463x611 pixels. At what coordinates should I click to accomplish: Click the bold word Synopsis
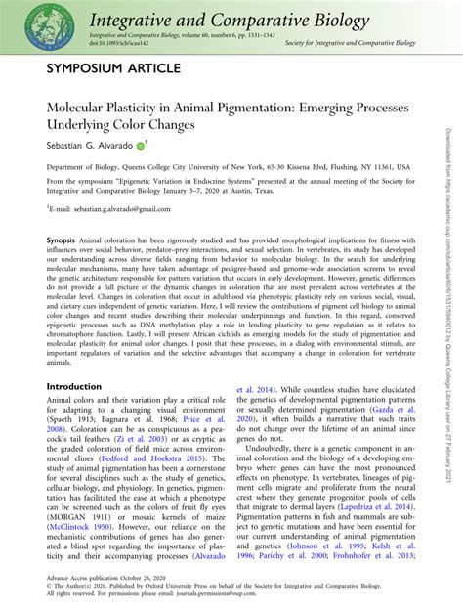coord(63,240)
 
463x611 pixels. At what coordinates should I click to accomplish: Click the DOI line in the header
coord(89,44)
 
